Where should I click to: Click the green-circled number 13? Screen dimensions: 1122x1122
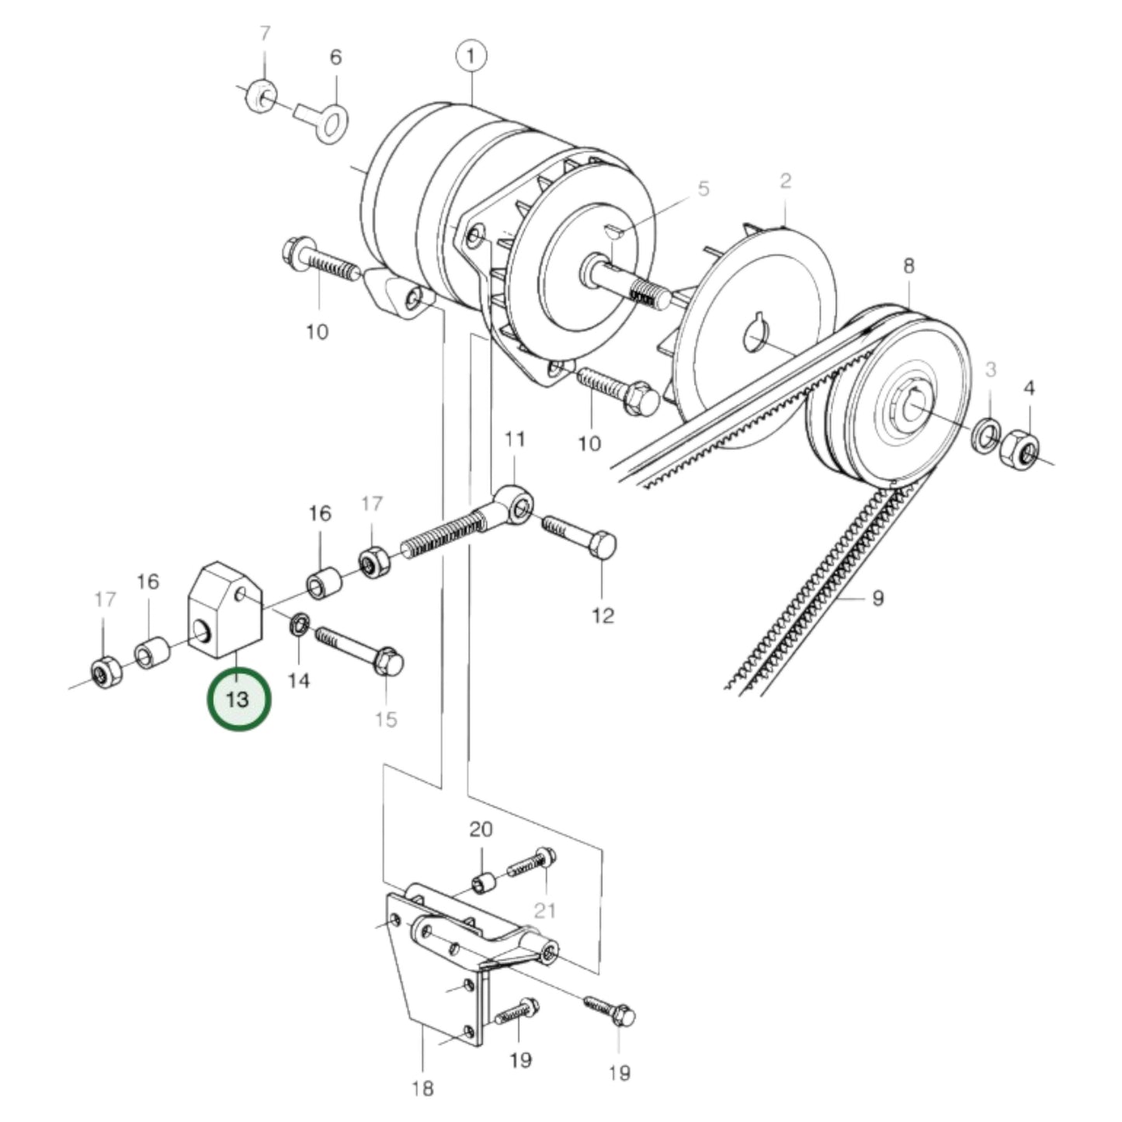pyautogui.click(x=238, y=699)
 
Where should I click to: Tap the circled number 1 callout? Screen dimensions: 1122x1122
pyautogui.click(x=471, y=56)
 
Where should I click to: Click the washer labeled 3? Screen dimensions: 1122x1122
pyautogui.click(x=987, y=436)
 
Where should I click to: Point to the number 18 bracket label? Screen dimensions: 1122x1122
pyautogui.click(x=422, y=1089)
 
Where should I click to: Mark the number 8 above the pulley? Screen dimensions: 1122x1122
pyautogui.click(x=908, y=266)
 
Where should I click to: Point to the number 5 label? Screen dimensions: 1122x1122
pyautogui.click(x=703, y=189)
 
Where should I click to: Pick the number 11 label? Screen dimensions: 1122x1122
pyautogui.click(x=514, y=439)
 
